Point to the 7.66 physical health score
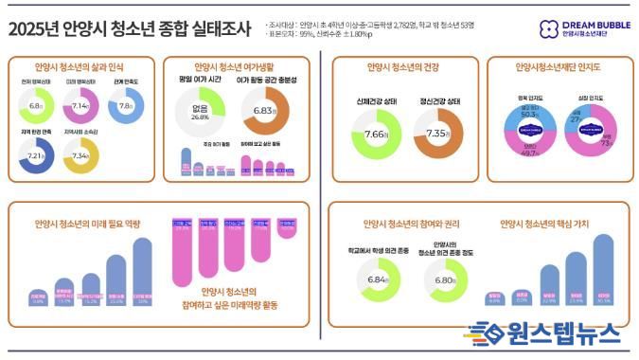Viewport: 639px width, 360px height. pos(376,135)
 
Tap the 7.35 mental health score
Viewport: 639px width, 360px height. pos(437,135)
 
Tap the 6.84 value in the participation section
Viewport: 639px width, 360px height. pos(377,280)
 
